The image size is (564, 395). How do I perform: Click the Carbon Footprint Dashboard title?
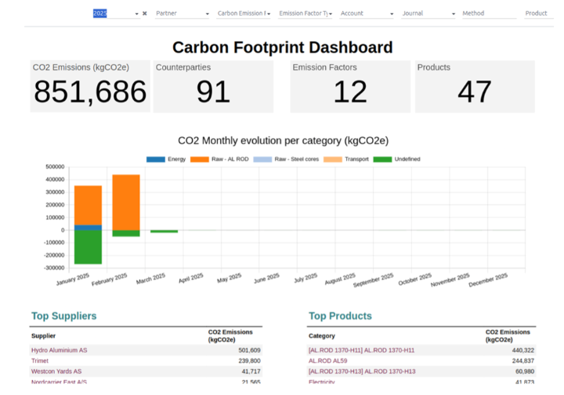click(x=282, y=48)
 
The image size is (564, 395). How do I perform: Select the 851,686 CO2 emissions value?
click(x=90, y=92)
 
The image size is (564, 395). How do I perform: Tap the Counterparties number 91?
click(x=213, y=92)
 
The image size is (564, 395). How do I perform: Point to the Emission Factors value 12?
click(x=349, y=92)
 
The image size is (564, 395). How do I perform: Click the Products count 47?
click(x=475, y=92)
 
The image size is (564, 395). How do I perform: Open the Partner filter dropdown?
click(x=182, y=13)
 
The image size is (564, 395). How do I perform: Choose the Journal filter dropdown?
click(x=428, y=13)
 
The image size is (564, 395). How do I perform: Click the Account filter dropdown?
click(x=367, y=13)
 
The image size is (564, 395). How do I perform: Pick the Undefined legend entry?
click(x=397, y=159)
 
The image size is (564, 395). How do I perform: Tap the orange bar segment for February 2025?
click(x=126, y=202)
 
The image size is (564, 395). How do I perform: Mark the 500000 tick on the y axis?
click(x=55, y=167)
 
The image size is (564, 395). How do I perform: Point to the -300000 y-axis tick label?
click(x=53, y=268)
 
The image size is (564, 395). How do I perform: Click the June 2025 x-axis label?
click(x=267, y=280)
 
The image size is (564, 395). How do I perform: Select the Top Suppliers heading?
click(x=64, y=316)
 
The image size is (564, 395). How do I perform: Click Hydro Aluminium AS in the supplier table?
click(x=60, y=350)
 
